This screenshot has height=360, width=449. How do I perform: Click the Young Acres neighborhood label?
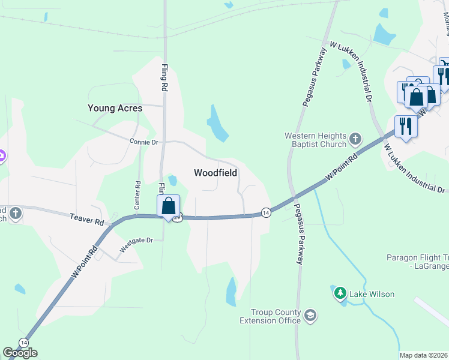coord(115,108)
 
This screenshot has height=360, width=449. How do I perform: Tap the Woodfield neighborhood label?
coord(215,173)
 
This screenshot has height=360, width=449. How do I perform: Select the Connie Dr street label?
coord(143,142)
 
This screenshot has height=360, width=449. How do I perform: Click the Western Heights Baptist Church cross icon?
coord(355,139)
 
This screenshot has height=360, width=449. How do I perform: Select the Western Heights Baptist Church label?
coord(315,140)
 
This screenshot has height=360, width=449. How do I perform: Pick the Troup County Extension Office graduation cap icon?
coord(310,315)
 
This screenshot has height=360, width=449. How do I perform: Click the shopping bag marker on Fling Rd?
coord(169,205)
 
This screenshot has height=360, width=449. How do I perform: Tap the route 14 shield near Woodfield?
coord(265,212)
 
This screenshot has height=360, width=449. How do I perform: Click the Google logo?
coord(20,353)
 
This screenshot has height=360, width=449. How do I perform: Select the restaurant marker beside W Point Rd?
coord(406,126)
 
